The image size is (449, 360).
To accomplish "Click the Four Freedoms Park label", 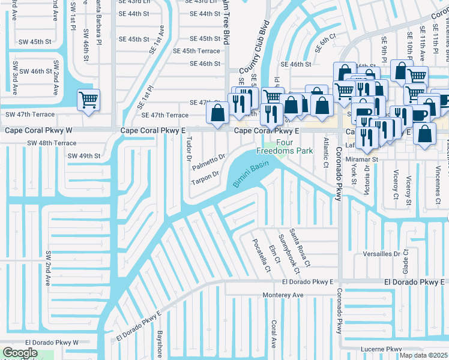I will [285, 147].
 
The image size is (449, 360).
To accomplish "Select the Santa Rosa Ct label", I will [298, 247].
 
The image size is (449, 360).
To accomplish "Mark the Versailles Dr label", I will [381, 254].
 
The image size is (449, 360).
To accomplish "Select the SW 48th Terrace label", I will [52, 143].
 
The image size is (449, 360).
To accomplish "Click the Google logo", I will [20, 353].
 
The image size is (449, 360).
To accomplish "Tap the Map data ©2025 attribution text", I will [423, 355].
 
